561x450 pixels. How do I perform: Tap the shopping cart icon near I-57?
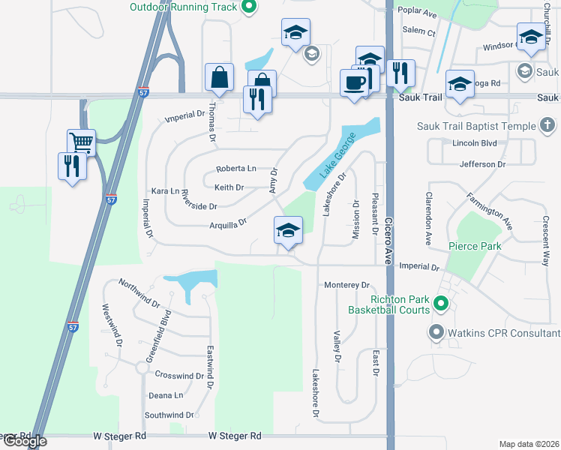point(81,142)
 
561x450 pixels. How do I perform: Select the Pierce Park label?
point(474,246)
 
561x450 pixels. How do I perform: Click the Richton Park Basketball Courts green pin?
point(441,304)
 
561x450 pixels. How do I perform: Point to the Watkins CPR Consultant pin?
point(436,332)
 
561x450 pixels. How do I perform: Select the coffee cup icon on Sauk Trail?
point(354,82)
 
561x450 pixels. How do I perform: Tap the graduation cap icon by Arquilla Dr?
point(287,229)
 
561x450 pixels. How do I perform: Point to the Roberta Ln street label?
point(236,169)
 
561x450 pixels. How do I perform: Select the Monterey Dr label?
point(347,285)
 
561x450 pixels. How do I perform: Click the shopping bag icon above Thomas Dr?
point(219,76)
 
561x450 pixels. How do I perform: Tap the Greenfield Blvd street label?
point(160,337)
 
